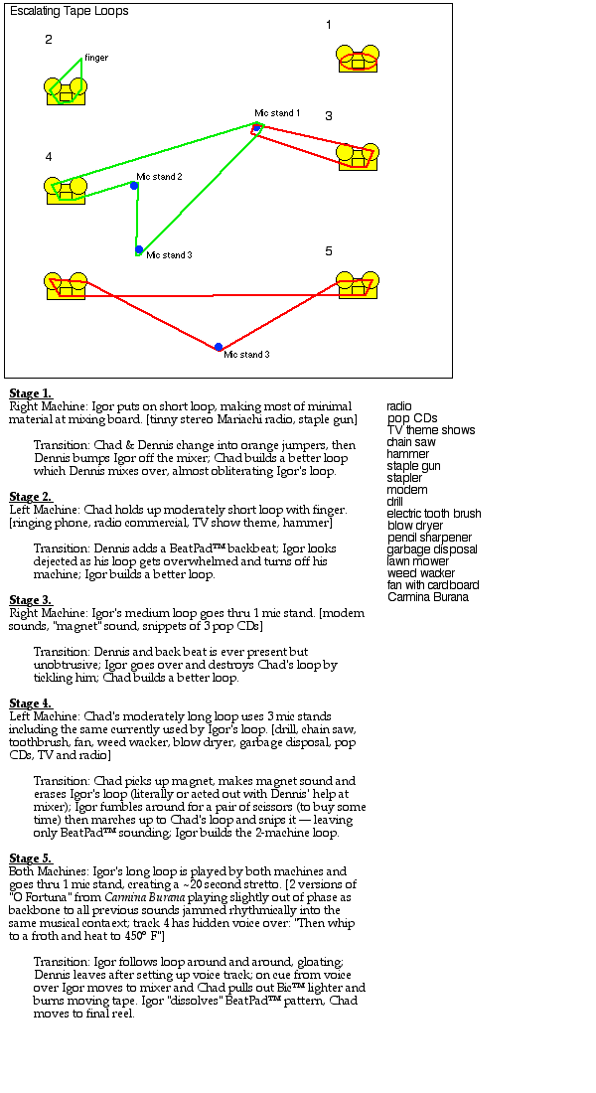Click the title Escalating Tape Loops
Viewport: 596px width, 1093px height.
tap(69, 11)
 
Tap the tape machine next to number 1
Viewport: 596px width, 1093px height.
tap(358, 60)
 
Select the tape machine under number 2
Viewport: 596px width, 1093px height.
tap(66, 90)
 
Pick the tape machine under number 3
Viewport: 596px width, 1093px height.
tap(358, 156)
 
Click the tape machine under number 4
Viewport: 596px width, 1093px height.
tap(66, 190)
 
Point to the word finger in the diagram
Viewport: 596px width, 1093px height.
tap(96, 58)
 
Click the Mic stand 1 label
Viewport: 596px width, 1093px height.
tap(277, 113)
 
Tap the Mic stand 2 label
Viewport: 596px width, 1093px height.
tap(159, 177)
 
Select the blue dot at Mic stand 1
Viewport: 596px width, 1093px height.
tap(256, 128)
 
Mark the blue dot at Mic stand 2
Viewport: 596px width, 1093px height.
tap(134, 186)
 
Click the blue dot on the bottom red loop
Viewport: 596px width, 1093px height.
tap(219, 347)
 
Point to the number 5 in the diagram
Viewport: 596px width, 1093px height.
tap(329, 251)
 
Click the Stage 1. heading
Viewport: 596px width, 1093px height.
tap(31, 393)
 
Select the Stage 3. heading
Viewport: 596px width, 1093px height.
tap(31, 600)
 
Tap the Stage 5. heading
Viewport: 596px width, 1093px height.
tap(31, 859)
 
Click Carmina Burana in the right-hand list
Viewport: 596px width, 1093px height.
tap(428, 597)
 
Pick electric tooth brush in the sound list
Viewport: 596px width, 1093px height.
tap(434, 514)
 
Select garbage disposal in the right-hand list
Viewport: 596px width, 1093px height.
tap(432, 549)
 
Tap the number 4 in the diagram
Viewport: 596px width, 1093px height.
tap(49, 157)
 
